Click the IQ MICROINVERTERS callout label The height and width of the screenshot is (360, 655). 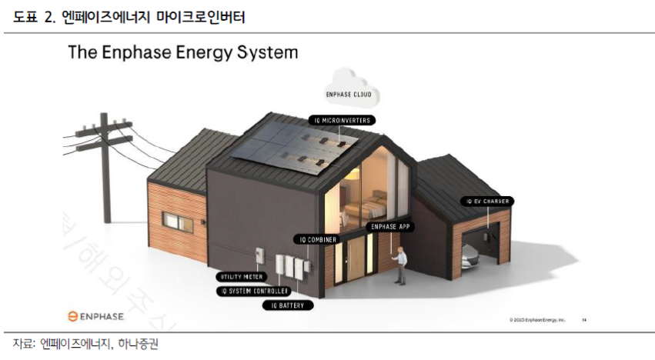[x=342, y=120]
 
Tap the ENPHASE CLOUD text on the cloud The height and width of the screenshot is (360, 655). [x=350, y=94]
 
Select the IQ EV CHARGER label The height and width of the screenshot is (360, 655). [x=488, y=202]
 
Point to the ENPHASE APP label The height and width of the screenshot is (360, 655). [x=392, y=226]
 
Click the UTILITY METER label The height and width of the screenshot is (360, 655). [x=241, y=275]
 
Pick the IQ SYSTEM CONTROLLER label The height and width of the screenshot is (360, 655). [x=254, y=291]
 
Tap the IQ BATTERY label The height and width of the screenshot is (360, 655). [x=289, y=305]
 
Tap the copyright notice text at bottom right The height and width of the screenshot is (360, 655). [x=537, y=318]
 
